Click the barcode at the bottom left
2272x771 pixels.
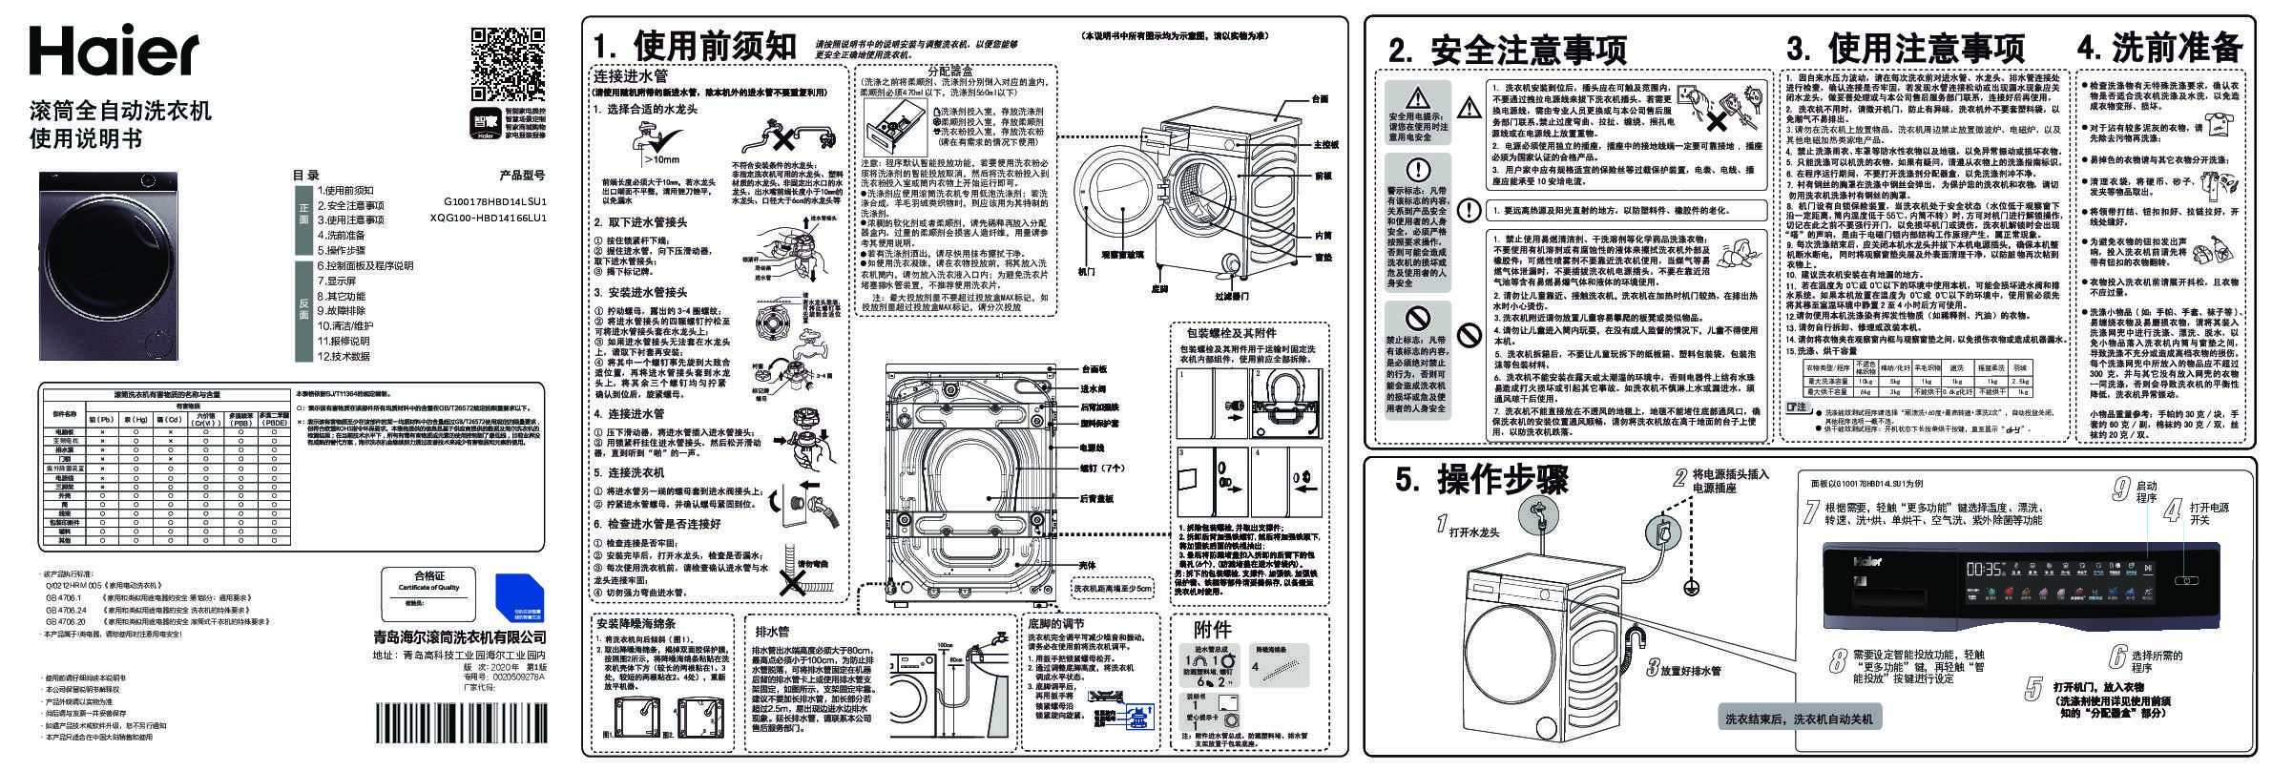coord(460,717)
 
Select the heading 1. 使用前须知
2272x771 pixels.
coord(694,46)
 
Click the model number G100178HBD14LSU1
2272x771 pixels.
coord(494,202)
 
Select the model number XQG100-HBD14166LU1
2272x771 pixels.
coord(489,219)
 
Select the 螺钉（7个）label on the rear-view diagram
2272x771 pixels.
coord(1098,469)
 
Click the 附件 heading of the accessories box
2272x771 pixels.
coord(1213,630)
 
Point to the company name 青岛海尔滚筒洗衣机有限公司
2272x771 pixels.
coord(460,636)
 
